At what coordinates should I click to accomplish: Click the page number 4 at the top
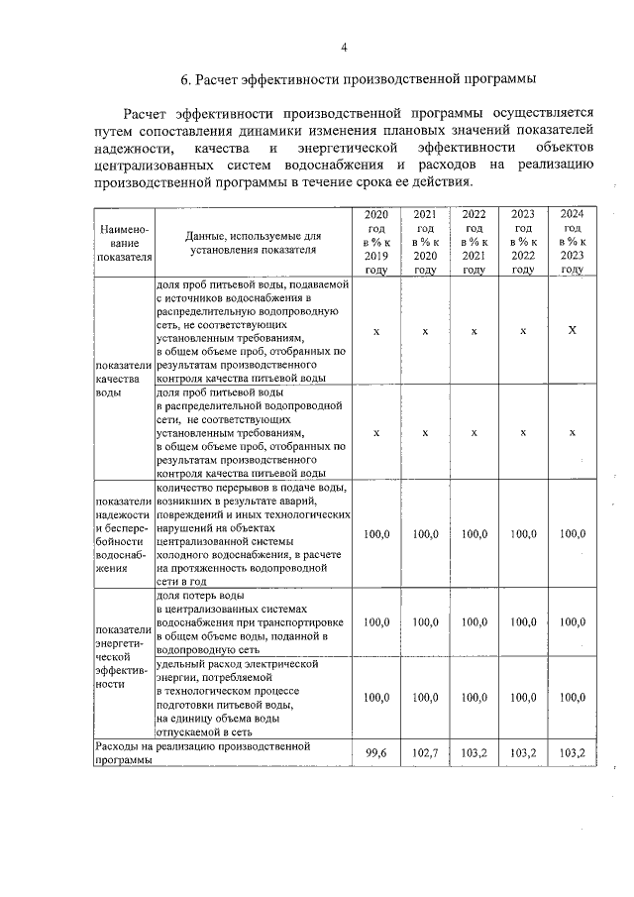pos(344,47)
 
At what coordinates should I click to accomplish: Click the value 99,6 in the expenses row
pos(376,753)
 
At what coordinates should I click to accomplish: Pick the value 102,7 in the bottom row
pos(425,753)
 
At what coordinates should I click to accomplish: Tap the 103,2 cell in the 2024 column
pos(572,753)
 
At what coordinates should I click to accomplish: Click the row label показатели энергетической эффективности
pos(123,656)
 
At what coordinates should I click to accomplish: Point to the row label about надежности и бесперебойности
pos(123,535)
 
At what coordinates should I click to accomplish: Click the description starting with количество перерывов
pos(254,535)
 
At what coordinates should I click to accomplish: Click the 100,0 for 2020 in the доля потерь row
pos(376,622)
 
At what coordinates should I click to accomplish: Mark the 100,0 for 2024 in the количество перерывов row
pos(572,534)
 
